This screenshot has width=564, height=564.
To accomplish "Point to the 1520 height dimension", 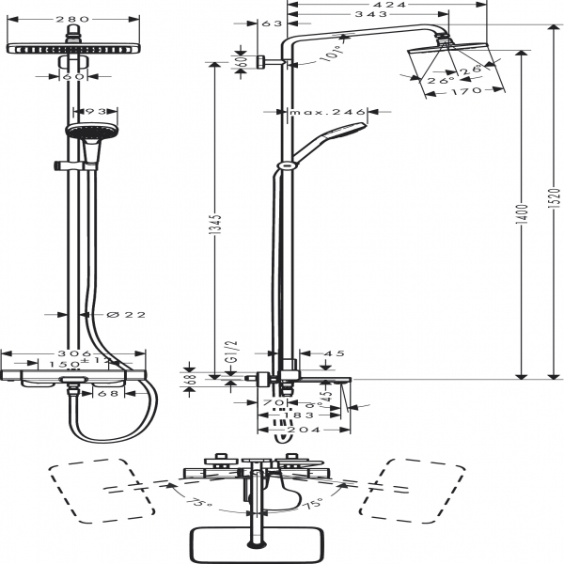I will click(x=556, y=199).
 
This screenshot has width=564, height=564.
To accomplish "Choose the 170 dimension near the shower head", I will click(x=464, y=91).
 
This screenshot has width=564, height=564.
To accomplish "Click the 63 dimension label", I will click(x=274, y=24).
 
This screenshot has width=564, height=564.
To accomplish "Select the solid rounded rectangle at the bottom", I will click(x=257, y=542).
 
